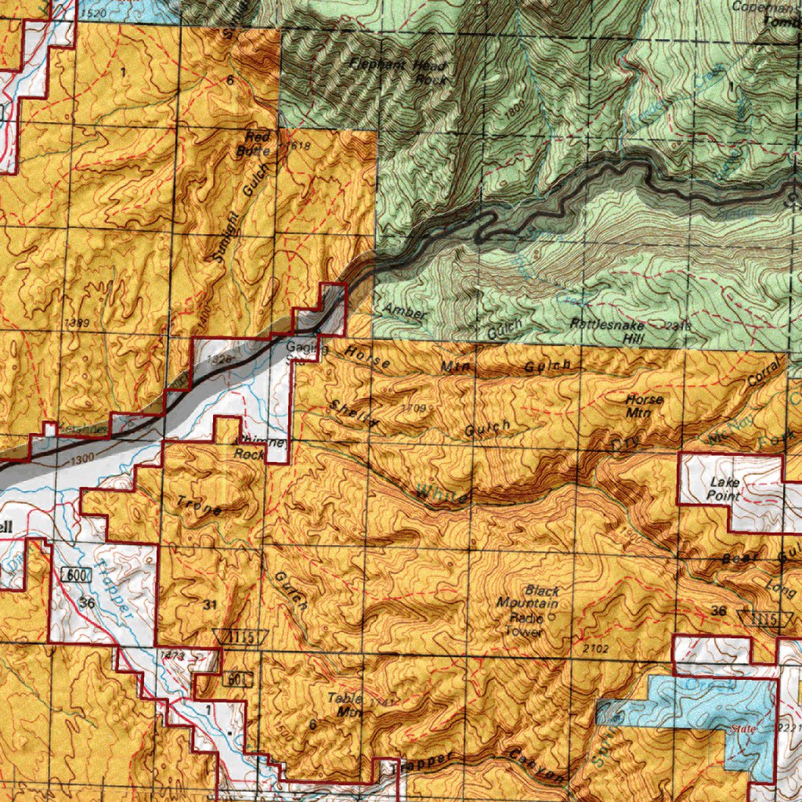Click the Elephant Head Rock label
399,71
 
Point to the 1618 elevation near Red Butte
299,146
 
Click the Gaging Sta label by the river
300,352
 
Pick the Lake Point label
724,490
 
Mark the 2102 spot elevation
595,648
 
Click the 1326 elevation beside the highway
222,359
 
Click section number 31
208,604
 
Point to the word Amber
406,312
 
